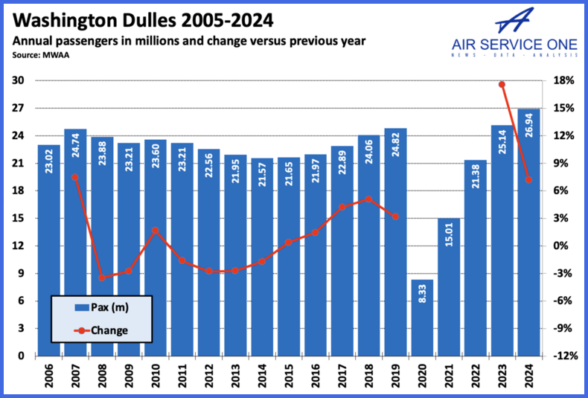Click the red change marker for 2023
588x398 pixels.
point(502,84)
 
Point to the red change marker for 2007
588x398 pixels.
point(75,177)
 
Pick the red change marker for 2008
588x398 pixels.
point(102,277)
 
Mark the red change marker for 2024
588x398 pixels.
point(528,179)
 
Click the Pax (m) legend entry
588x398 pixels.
point(100,306)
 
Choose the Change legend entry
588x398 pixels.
point(100,330)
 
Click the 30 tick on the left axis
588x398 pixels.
point(18,80)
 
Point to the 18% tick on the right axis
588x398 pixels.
point(563,80)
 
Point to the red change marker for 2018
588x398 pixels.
point(368,199)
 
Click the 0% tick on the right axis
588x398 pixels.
point(563,245)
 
